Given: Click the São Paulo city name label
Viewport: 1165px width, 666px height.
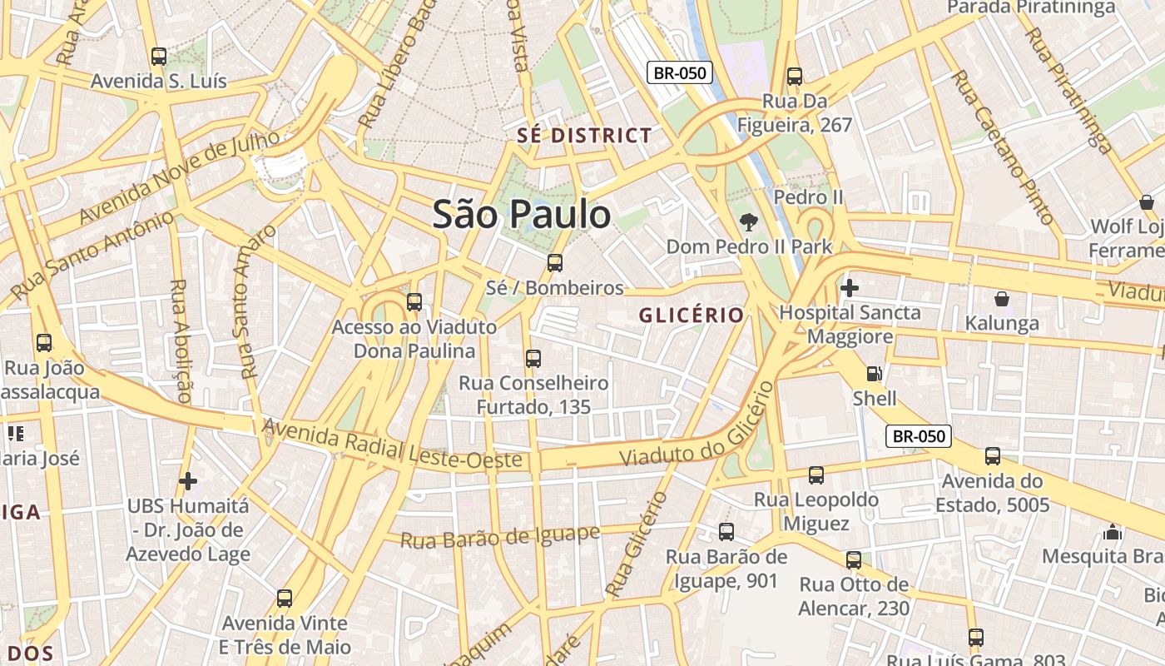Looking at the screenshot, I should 522,215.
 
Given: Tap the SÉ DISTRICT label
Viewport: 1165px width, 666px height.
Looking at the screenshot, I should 584,136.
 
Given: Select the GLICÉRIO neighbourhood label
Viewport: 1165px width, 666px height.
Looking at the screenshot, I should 691,315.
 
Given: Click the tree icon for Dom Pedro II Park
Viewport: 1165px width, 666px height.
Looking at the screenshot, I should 749,222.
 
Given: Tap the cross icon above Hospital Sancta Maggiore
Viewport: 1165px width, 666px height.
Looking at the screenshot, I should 850,289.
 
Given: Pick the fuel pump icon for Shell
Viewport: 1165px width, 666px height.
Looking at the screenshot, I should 874,375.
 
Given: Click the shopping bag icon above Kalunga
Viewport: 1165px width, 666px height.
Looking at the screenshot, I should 1002,299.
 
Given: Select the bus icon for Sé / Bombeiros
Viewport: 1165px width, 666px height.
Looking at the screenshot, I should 555,263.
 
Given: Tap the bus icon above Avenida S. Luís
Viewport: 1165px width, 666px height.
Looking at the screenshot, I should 159,57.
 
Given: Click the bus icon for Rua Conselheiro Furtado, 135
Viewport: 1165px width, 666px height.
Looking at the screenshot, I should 533,359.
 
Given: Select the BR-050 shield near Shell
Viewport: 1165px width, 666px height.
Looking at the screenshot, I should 918,436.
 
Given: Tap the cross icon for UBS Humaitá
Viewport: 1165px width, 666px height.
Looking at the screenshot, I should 188,481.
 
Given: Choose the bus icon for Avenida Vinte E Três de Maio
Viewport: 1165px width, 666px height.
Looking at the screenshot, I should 285,598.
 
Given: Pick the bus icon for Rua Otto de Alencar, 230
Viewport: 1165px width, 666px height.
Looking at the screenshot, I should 854,560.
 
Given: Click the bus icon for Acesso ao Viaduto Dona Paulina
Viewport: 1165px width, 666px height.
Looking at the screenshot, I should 414,302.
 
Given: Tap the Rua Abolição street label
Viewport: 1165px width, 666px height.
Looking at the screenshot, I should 180,341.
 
